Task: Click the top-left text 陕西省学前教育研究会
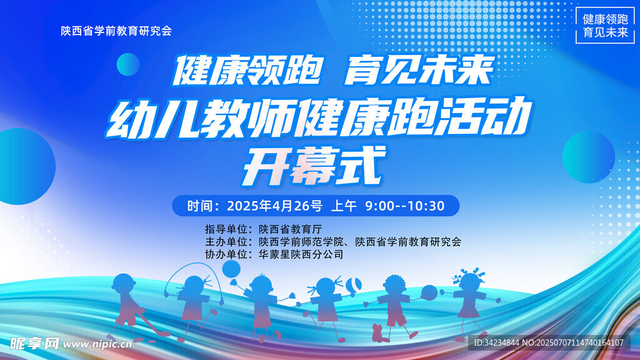point(116,31)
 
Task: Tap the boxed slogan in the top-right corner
point(605,25)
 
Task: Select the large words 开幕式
point(314,166)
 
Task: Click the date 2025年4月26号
point(275,206)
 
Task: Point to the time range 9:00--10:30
point(404,206)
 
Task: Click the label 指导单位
point(226,229)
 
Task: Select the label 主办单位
point(226,242)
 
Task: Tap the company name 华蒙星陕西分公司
point(301,255)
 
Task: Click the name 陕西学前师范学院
point(301,242)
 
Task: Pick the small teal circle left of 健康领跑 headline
point(128,64)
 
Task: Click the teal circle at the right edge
point(589,157)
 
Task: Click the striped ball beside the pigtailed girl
point(354,285)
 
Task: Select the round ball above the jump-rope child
point(231,269)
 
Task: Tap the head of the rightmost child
point(469,282)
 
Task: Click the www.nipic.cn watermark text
point(97,344)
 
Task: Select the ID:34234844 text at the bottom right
point(496,343)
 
